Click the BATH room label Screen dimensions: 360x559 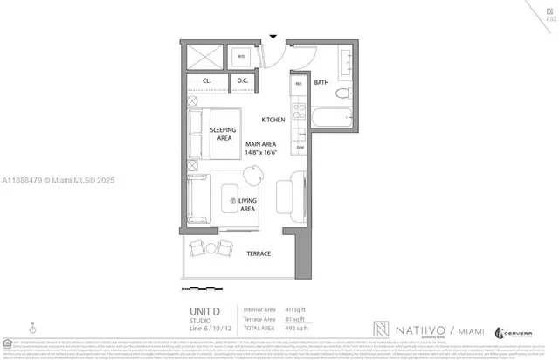[321, 82]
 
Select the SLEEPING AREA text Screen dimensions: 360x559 [223, 133]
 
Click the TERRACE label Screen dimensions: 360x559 [258, 253]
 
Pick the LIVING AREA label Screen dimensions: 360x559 [247, 205]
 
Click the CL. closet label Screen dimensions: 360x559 [207, 81]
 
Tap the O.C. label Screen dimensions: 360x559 [243, 81]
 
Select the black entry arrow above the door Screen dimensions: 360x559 [273, 37]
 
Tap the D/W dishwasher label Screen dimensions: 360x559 [299, 147]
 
